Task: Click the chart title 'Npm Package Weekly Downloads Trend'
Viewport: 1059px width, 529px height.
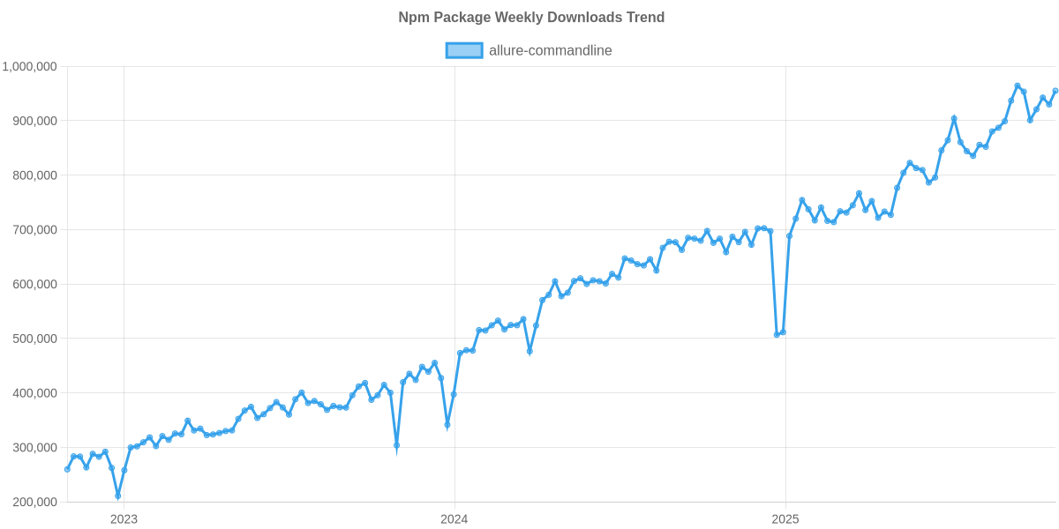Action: [531, 17]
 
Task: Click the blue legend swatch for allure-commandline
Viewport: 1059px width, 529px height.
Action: [464, 50]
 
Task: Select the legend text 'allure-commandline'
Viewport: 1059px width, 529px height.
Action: [550, 50]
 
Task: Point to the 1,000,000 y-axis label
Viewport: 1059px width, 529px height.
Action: [30, 66]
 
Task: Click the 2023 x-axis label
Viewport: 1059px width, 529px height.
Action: [124, 518]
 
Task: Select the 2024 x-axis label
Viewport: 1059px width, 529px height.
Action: [454, 518]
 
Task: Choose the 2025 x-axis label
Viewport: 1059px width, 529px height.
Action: [785, 518]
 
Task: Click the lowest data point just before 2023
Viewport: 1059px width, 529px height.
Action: [118, 497]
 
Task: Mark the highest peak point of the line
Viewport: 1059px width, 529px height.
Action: [1018, 86]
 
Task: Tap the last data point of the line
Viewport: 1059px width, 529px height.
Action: [1055, 90]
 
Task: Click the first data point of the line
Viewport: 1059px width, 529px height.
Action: [67, 469]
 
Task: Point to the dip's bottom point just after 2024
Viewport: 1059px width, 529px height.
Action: [447, 426]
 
